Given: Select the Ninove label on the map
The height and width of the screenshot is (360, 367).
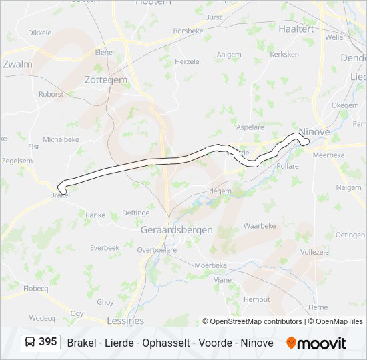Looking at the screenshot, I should [x=314, y=132].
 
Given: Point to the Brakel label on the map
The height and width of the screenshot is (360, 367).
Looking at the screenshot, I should [x=60, y=195].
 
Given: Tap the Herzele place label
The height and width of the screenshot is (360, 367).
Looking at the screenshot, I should [x=187, y=61].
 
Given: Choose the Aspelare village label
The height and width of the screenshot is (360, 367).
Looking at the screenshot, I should [x=250, y=127].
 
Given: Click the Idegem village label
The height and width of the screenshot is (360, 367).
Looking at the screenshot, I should [x=219, y=191].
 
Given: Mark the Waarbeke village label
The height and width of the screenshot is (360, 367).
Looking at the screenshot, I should [x=260, y=226].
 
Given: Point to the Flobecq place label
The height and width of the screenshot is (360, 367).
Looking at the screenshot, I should [x=36, y=289].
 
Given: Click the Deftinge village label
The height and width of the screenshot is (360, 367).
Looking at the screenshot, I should [x=136, y=213].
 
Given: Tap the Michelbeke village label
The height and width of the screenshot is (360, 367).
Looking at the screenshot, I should [x=62, y=139].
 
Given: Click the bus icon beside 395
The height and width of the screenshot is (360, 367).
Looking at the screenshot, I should [x=30, y=343].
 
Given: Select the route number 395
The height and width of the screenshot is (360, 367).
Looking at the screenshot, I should [x=47, y=342].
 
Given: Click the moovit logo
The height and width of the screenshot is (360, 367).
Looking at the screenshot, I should [x=316, y=343].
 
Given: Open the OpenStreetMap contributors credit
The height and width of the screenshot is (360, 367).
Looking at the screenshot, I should [x=256, y=321].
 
